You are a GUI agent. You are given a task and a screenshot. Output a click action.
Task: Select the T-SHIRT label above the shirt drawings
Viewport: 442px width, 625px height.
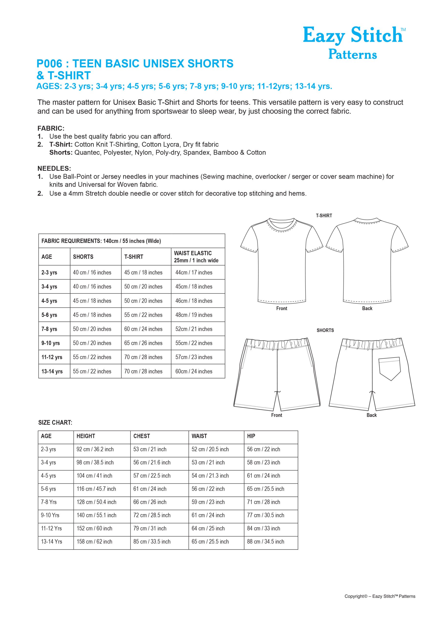(x=324, y=216)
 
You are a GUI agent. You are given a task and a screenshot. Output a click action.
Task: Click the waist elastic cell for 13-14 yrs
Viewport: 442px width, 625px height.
(x=194, y=371)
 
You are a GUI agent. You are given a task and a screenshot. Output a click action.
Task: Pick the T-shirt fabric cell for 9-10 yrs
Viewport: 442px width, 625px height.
(x=143, y=343)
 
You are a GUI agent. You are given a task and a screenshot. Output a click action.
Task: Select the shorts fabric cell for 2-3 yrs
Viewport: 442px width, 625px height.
(x=92, y=272)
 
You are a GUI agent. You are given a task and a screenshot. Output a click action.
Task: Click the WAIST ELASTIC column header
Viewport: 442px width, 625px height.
(x=196, y=257)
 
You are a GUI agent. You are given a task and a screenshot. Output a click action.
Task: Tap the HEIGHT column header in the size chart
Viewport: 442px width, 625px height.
(x=86, y=436)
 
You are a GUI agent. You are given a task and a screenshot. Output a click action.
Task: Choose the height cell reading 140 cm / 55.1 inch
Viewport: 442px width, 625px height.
(x=96, y=515)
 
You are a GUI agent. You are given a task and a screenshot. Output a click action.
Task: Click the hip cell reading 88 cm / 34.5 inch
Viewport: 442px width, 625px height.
(x=265, y=542)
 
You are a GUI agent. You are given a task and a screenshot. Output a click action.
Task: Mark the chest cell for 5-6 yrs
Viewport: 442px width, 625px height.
(x=150, y=489)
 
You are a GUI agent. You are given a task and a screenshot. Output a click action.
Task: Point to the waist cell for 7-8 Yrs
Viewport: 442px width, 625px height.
(x=208, y=502)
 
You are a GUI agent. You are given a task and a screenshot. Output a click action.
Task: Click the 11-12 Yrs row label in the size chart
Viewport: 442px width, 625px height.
(x=52, y=528)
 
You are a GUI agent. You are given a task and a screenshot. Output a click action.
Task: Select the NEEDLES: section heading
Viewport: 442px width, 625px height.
(x=54, y=168)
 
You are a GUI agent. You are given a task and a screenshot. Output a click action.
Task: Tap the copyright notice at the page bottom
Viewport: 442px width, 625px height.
(x=380, y=596)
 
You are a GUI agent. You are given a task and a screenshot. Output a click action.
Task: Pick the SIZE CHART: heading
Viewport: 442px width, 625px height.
(x=55, y=423)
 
